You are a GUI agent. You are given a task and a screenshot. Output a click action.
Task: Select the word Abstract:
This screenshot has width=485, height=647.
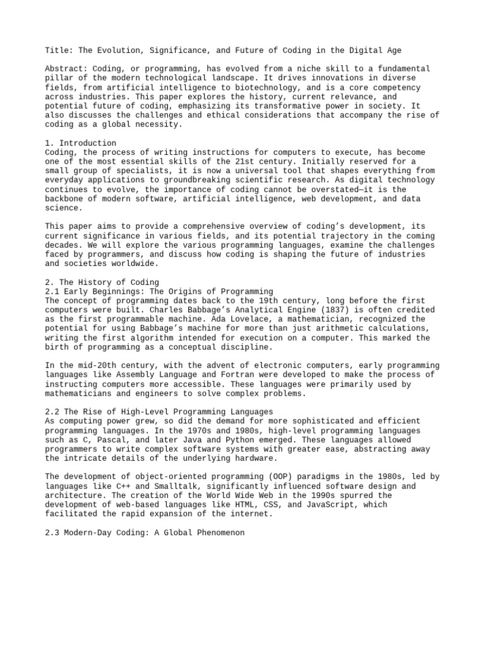pos(66,69)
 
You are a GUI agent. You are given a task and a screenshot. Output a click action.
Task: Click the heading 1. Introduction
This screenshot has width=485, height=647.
pos(81,143)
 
